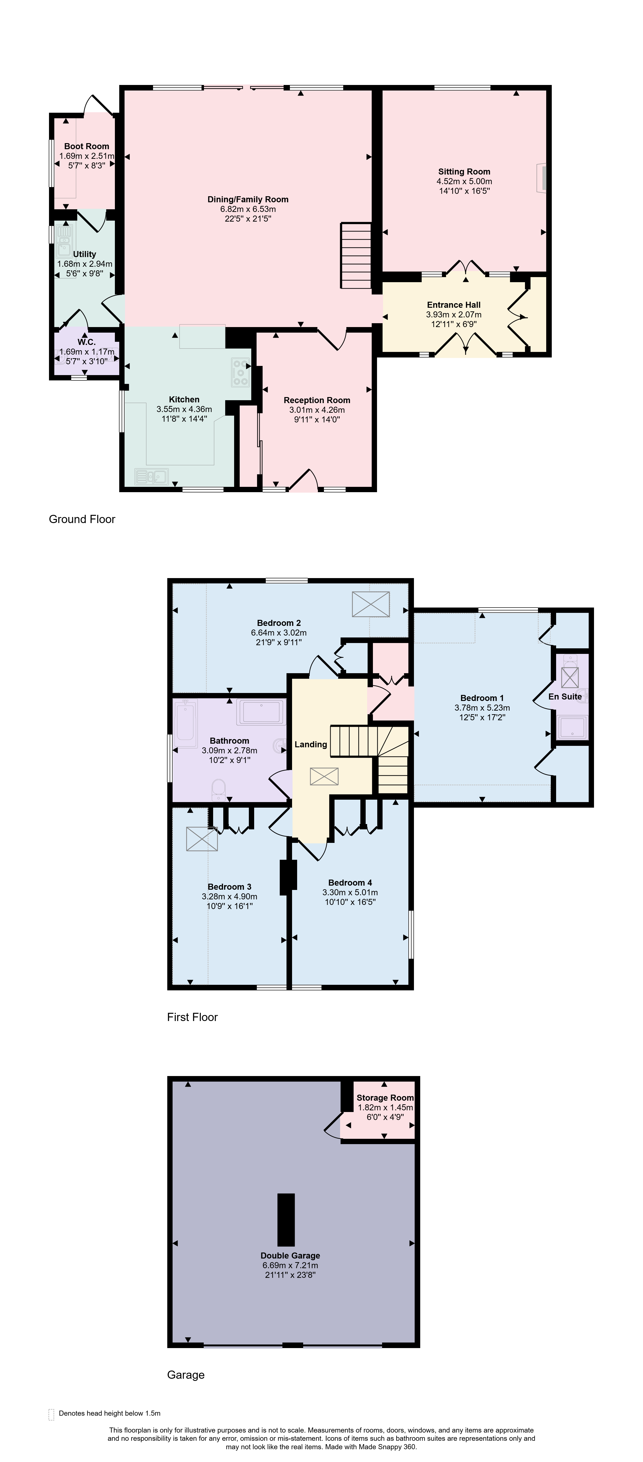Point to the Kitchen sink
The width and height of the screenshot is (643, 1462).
click(152, 476)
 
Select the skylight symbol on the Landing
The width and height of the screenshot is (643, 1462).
click(324, 776)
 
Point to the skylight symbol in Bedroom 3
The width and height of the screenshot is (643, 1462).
click(202, 839)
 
